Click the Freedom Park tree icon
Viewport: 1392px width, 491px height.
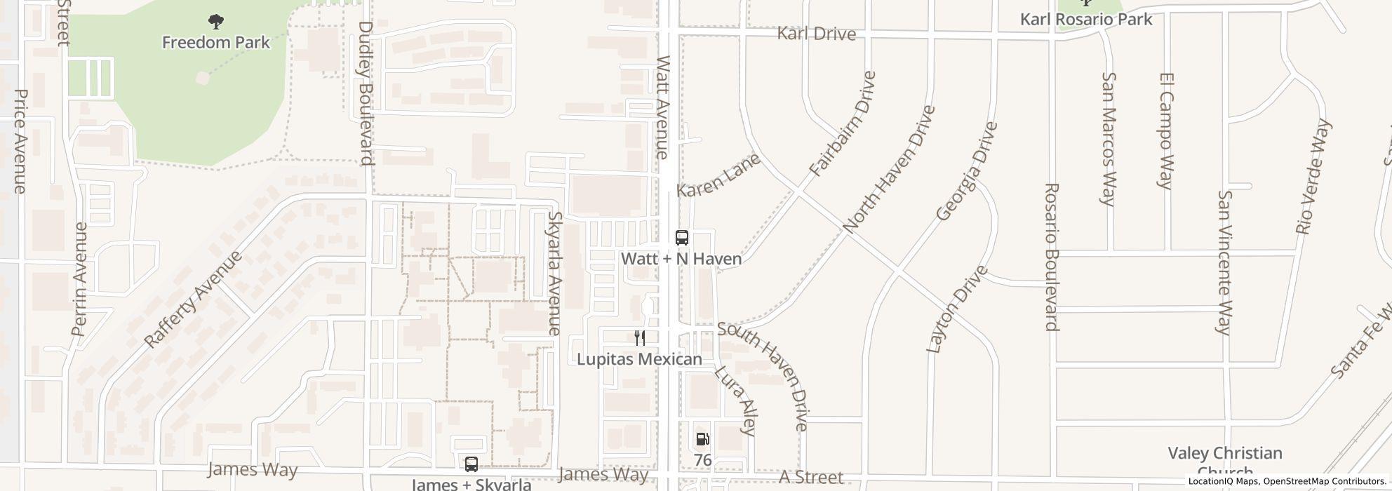216,22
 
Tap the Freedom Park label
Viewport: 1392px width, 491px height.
216,43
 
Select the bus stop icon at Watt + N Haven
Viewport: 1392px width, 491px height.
681,237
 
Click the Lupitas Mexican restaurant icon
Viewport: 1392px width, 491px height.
639,338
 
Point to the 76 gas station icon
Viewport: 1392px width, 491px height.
702,440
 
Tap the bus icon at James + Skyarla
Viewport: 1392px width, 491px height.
471,464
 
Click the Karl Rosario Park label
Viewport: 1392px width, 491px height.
1086,19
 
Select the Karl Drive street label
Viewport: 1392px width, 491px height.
817,34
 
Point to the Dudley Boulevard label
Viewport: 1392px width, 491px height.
366,93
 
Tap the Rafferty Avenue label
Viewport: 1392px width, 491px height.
193,299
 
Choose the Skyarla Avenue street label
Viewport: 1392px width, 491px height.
555,274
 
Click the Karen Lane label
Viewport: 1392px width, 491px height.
718,176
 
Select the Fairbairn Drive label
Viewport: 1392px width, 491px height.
843,124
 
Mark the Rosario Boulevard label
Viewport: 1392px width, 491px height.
1051,257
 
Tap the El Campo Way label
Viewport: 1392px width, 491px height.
1166,130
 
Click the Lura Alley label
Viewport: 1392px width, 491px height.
735,401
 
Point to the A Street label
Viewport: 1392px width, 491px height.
811,478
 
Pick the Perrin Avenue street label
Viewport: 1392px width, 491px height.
80,278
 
